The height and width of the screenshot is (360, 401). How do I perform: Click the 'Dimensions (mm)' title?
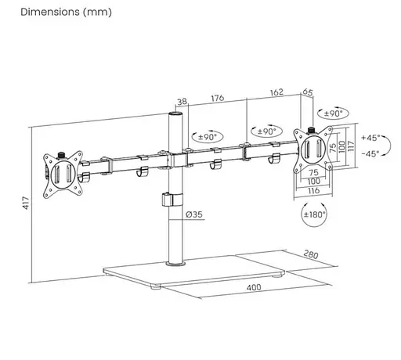point(66,12)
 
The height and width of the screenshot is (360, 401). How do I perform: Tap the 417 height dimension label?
point(26,203)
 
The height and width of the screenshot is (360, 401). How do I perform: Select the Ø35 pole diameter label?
point(194,214)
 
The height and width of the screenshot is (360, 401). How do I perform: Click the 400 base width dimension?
point(254,287)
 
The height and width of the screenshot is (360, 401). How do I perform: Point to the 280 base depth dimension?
point(311,254)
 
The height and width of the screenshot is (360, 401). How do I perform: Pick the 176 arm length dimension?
point(218,98)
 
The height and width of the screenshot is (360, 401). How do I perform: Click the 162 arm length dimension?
point(276,92)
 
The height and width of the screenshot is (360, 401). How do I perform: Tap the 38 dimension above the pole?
point(182,102)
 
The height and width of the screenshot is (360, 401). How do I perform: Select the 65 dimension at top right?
point(308,92)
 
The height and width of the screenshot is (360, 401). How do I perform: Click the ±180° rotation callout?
point(314,214)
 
